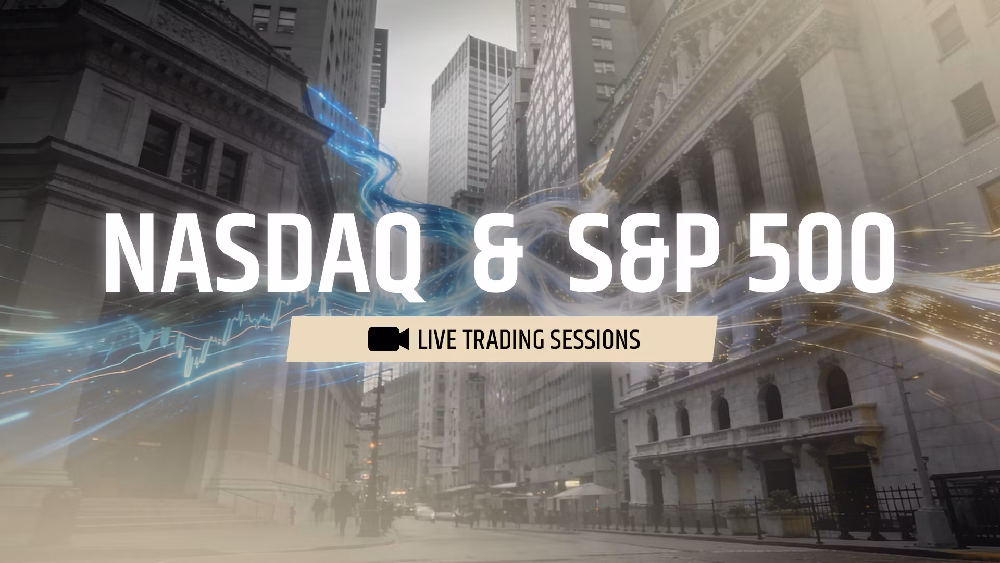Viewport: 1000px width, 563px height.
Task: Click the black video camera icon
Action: [x=389, y=339]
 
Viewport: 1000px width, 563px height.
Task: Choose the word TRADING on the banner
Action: [x=500, y=339]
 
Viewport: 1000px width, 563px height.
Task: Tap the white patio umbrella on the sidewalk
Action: [x=583, y=491]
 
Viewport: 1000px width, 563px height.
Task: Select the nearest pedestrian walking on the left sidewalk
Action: [x=342, y=508]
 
